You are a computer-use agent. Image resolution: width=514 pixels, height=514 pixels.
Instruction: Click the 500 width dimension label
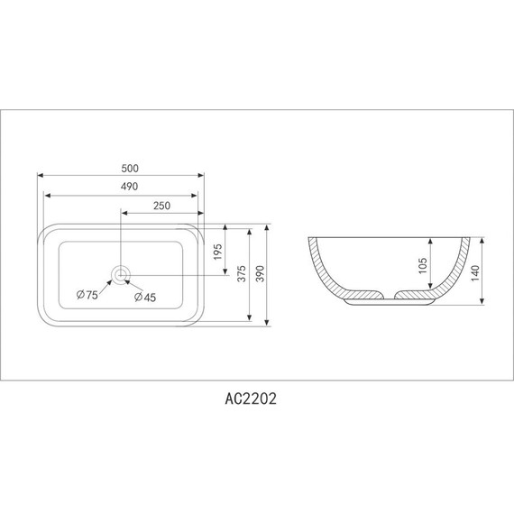pyautogui.click(x=128, y=168)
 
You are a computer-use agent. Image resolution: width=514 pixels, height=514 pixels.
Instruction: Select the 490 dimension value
pyautogui.click(x=128, y=187)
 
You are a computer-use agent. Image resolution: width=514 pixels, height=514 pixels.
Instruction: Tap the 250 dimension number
pyautogui.click(x=161, y=206)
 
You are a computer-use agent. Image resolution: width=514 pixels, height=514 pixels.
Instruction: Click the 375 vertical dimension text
pyautogui.click(x=242, y=275)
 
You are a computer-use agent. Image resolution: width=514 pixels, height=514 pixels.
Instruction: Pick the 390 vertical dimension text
pyautogui.click(x=261, y=275)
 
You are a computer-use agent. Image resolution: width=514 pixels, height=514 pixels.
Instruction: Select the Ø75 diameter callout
pyautogui.click(x=87, y=296)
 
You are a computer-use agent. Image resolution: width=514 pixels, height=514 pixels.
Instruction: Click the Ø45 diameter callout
pyautogui.click(x=145, y=297)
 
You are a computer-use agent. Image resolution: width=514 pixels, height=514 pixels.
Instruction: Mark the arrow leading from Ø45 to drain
pyautogui.click(x=131, y=284)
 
